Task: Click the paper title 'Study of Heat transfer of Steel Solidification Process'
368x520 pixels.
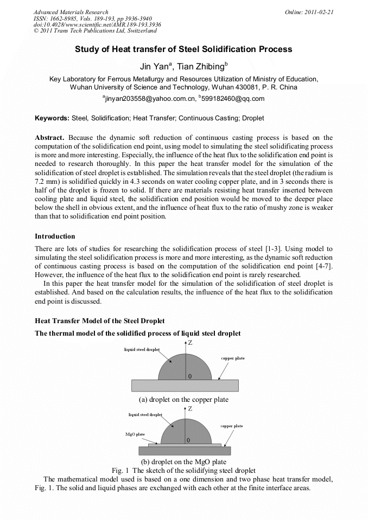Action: [x=183, y=49]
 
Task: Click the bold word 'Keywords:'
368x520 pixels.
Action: [x=52, y=118]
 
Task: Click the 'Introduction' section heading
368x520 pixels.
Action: [x=55, y=236]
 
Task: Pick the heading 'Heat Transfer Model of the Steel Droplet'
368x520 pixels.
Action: [x=100, y=322]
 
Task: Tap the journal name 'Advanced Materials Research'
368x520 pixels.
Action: [x=71, y=12]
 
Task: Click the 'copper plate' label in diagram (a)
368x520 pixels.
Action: [x=232, y=358]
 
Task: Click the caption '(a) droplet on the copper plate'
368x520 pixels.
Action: [x=183, y=400]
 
